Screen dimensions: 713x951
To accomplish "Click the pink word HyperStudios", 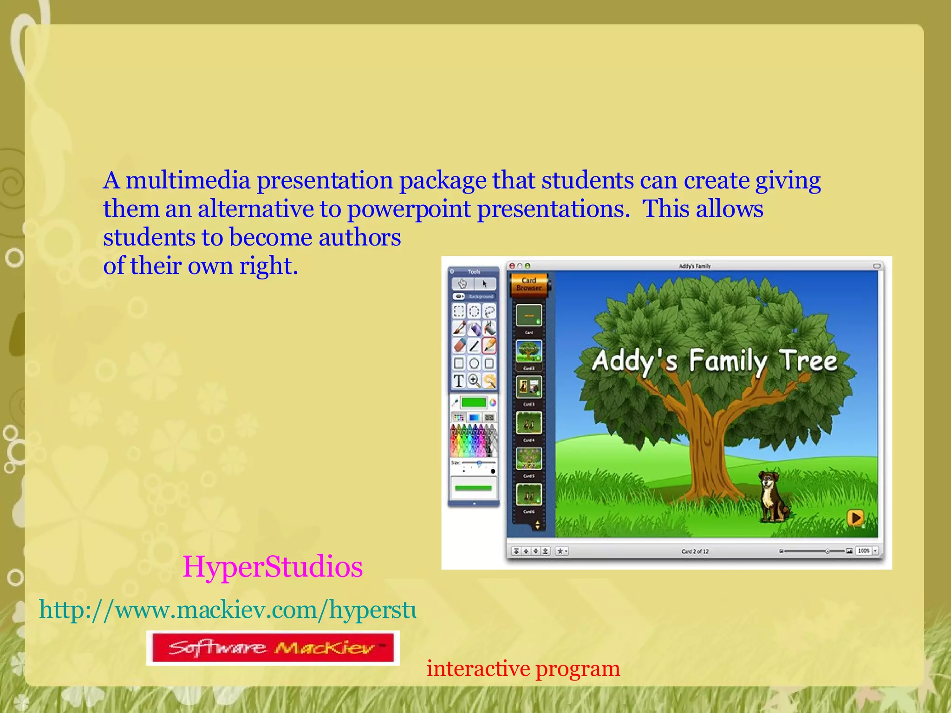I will (x=273, y=567).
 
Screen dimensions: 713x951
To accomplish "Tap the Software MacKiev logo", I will (x=273, y=648).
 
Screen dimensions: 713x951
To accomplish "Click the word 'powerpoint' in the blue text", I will (x=409, y=209).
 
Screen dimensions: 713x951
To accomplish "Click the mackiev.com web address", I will (x=228, y=609).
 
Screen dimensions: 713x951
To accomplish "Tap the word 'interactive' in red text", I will (x=478, y=668).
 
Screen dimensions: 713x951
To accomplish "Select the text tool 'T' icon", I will (x=459, y=381).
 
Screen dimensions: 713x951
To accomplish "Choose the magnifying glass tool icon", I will (x=474, y=381).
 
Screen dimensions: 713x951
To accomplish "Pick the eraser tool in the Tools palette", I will (x=459, y=346).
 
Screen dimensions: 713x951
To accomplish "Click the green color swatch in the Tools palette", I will (x=473, y=402).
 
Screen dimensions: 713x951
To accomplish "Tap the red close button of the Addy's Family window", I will (x=512, y=266).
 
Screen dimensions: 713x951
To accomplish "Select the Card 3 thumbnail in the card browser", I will (x=529, y=387).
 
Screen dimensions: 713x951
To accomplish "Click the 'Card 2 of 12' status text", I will (x=695, y=551).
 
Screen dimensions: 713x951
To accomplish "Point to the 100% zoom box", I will (x=864, y=551).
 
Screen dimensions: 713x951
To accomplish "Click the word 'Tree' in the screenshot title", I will (x=808, y=361).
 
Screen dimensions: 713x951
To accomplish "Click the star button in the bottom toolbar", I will (x=561, y=551).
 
